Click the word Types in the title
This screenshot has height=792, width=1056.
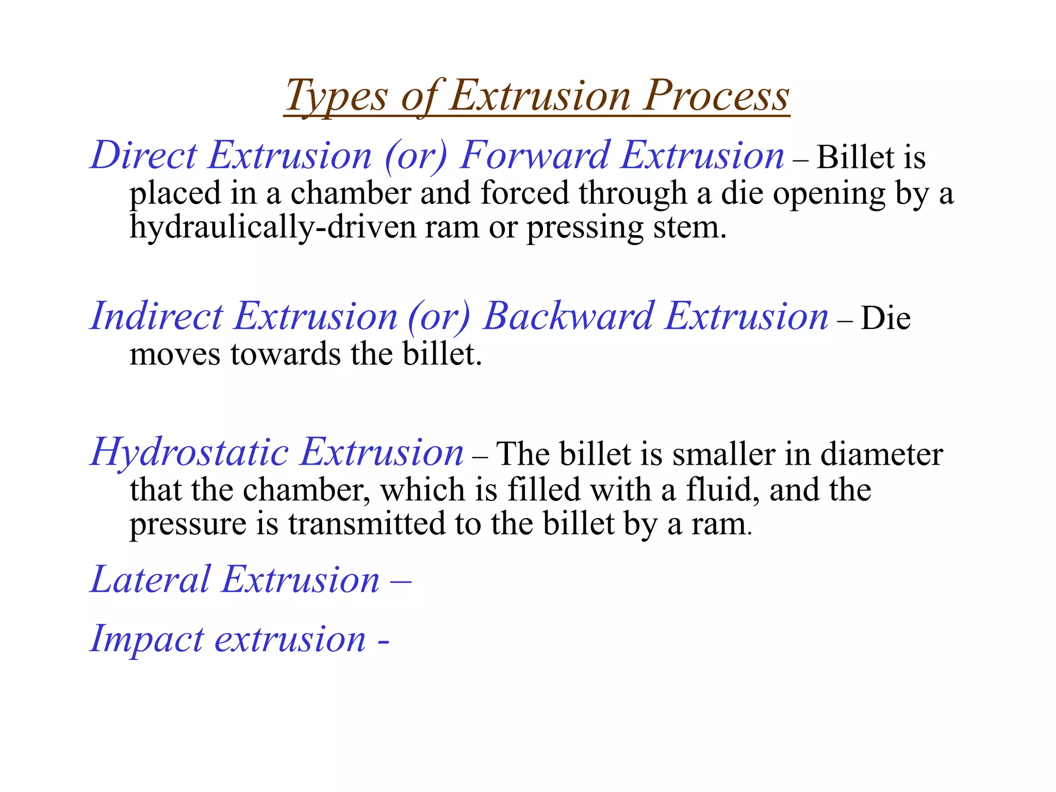336,96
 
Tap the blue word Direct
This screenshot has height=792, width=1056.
143,155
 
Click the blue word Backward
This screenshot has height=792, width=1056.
569,316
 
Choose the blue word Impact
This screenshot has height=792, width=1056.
147,639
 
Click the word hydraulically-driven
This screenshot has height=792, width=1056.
272,227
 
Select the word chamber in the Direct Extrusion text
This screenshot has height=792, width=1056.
350,193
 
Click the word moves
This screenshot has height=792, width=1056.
175,355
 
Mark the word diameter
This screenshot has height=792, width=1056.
881,454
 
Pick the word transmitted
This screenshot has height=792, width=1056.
367,524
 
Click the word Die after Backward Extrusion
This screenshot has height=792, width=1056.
885,318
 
